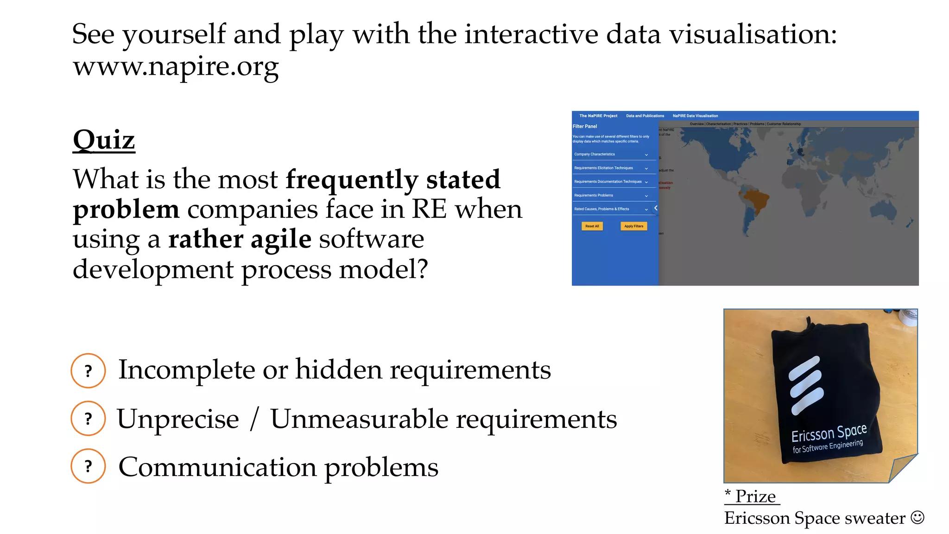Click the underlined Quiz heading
(x=104, y=140)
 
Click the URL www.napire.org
(x=176, y=66)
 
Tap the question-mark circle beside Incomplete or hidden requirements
(x=88, y=371)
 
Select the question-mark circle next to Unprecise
(x=88, y=419)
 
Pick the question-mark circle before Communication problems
(x=88, y=466)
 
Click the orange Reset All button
(x=592, y=226)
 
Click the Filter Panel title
(x=585, y=126)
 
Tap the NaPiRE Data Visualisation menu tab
(x=695, y=116)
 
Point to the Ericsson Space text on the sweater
(x=829, y=433)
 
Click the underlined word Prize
(x=755, y=496)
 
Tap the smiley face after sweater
(x=917, y=517)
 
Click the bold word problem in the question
(x=126, y=210)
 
